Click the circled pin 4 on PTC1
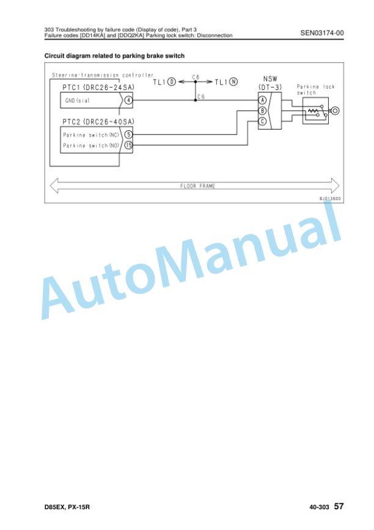tap(128, 100)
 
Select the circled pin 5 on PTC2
tap(128, 135)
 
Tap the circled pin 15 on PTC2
tap(128, 145)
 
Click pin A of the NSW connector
tap(263, 100)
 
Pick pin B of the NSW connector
tap(263, 111)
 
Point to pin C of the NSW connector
tap(263, 121)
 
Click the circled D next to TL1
tap(172, 82)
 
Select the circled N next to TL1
tap(233, 82)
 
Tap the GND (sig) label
tap(77, 100)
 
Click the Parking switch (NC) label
tap(91, 135)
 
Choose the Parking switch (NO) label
tap(91, 146)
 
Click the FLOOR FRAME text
tap(197, 186)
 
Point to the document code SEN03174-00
tap(322, 33)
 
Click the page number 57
tap(339, 506)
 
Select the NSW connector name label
tap(270, 79)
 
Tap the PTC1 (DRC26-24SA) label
tap(98, 87)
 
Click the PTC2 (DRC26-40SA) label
tap(98, 122)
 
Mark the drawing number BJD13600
tap(330, 198)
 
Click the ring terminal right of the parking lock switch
tap(335, 111)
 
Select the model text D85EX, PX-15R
tap(67, 507)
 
